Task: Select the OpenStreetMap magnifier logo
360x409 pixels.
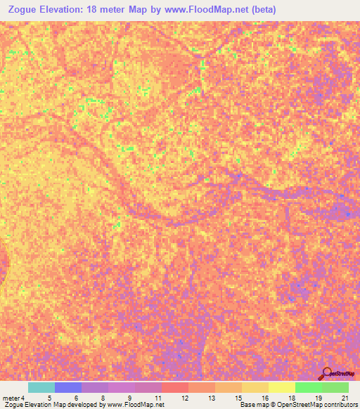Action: click(x=327, y=373)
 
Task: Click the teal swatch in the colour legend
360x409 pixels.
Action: click(x=41, y=387)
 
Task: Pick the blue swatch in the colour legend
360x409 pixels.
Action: click(x=67, y=387)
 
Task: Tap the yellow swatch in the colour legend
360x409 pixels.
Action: click(x=281, y=387)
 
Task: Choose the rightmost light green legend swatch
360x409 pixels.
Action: click(x=335, y=387)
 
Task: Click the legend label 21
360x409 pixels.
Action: click(x=345, y=398)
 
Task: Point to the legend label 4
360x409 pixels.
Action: click(x=22, y=398)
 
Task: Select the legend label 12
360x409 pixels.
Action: click(x=185, y=398)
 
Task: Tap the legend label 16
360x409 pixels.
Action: click(x=264, y=398)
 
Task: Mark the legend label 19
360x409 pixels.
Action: click(x=318, y=398)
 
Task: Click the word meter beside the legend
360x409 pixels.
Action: click(x=11, y=398)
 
